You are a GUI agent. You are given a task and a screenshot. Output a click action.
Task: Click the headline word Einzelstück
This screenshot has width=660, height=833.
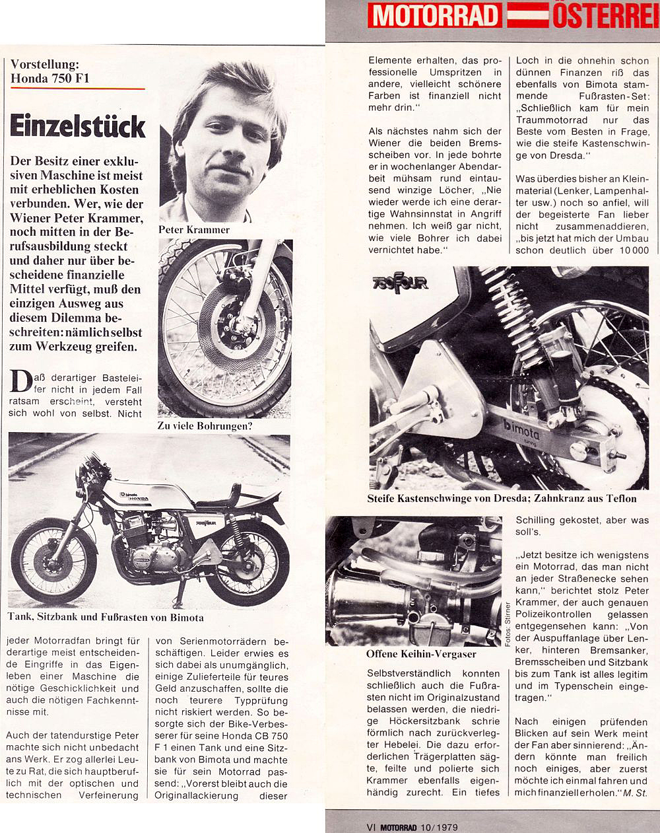[x=77, y=126]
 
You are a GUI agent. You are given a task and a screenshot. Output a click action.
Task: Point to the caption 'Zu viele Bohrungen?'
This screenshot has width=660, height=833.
[x=205, y=426]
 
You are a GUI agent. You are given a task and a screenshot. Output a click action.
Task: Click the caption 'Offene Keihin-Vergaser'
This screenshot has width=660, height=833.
[x=421, y=654]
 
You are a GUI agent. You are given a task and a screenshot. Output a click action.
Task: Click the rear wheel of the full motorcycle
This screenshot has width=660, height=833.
[x=253, y=561]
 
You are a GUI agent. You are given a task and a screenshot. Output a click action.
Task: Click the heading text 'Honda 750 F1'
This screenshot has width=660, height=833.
[x=50, y=79]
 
